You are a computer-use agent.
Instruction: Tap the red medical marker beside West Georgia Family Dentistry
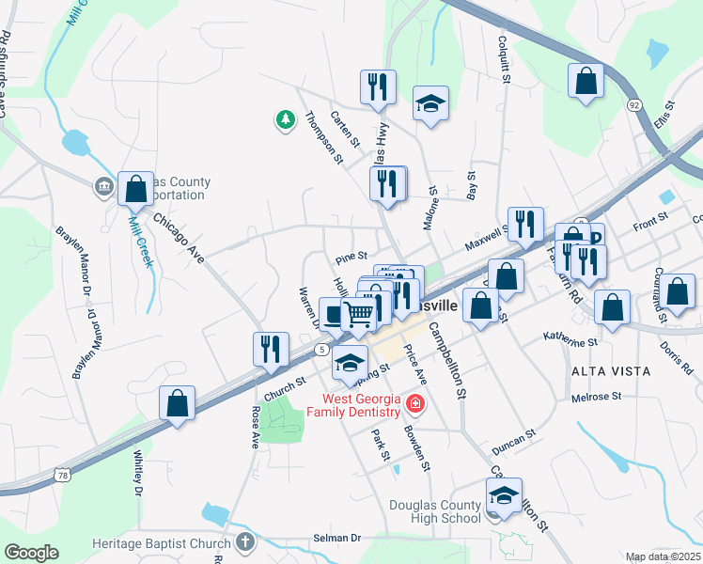(414, 406)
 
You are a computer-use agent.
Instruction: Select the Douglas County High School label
(435, 511)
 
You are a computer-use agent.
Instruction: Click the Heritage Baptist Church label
(161, 543)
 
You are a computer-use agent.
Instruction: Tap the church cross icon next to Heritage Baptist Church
(244, 541)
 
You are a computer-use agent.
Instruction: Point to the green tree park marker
(285, 119)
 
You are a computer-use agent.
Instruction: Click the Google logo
(31, 553)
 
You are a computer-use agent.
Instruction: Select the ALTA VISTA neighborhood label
(611, 371)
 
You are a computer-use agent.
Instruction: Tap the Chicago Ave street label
(179, 238)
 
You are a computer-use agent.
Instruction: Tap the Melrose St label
(597, 398)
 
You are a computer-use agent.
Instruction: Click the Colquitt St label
(505, 60)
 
